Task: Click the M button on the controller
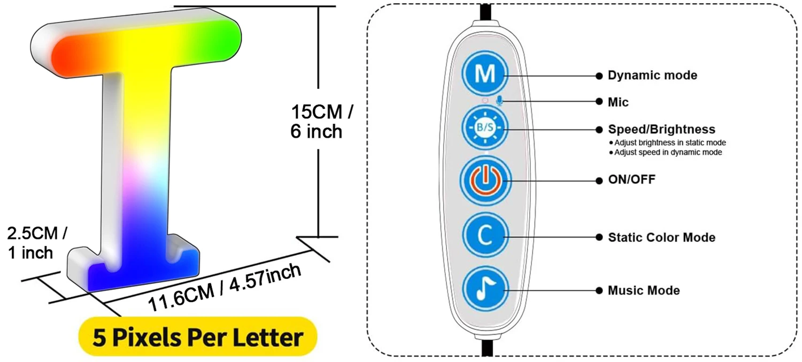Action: tap(485, 74)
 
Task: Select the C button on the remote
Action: tap(485, 236)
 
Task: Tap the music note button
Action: tap(485, 290)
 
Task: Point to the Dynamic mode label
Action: tap(652, 76)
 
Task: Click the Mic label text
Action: tap(618, 102)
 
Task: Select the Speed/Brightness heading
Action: tap(661, 130)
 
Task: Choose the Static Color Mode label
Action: tap(661, 237)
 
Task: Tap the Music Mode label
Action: tap(644, 291)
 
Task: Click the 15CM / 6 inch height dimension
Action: tap(321, 122)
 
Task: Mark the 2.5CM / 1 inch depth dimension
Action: tap(36, 243)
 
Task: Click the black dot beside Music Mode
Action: tap(599, 291)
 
